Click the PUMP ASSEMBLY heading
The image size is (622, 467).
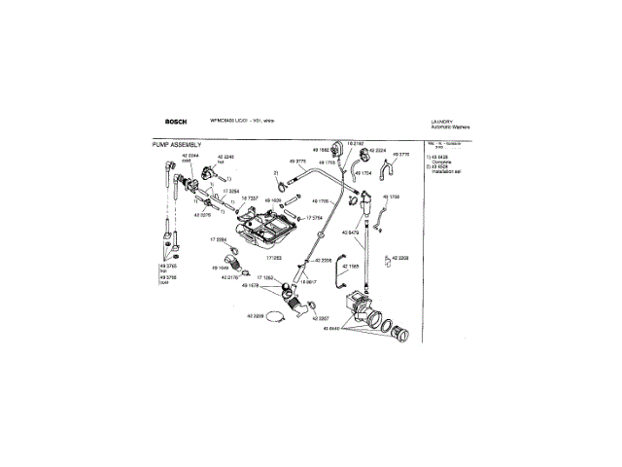click(177, 144)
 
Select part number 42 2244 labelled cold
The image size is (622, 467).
click(191, 155)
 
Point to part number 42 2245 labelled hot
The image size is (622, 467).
click(226, 155)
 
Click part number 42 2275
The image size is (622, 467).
click(202, 214)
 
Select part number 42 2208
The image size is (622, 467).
click(398, 259)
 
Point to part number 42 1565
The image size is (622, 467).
click(351, 267)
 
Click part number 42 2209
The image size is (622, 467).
click(256, 317)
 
